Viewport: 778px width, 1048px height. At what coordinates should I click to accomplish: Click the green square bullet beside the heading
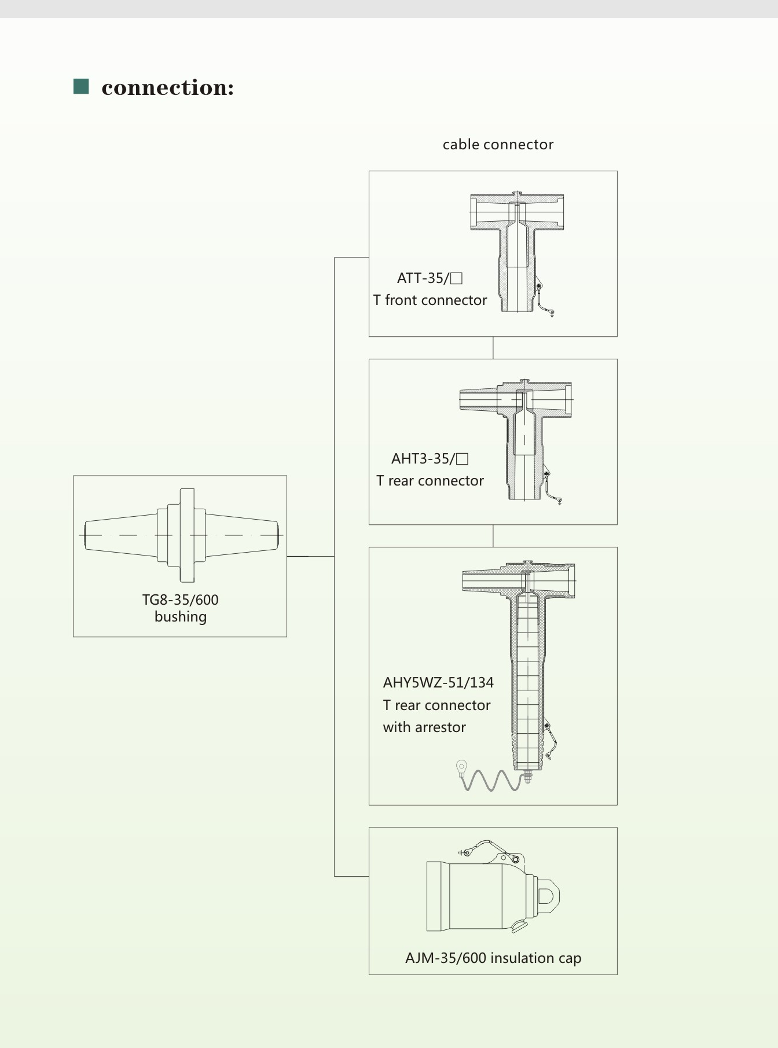coord(81,86)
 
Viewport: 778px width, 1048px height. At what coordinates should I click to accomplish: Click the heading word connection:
coord(168,87)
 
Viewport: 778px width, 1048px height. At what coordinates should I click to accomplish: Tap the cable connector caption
coord(498,145)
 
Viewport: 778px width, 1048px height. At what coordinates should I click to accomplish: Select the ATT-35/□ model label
coord(429,278)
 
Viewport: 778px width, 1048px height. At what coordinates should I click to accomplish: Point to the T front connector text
coord(430,300)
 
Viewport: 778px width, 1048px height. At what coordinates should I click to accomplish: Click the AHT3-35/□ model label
coord(429,459)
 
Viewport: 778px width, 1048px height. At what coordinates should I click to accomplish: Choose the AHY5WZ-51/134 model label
coord(438,683)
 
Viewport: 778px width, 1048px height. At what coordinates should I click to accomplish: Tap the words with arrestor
coord(424,727)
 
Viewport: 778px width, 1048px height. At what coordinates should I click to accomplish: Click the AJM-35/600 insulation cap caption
coord(493,958)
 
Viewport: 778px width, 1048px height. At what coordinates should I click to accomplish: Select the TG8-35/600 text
coord(181,600)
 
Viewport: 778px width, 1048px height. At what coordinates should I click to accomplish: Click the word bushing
coord(181,617)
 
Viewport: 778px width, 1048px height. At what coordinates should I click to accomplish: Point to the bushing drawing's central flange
coord(186,535)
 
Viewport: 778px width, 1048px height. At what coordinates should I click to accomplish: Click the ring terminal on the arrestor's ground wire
coord(461,767)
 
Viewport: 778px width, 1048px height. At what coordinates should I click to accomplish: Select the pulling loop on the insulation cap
coord(549,896)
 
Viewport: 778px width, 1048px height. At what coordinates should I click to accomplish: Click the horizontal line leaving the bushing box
coord(310,556)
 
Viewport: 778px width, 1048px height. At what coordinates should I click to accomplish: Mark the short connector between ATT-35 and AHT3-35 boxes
coord(493,348)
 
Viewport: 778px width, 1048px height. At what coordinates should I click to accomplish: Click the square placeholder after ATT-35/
coord(456,278)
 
